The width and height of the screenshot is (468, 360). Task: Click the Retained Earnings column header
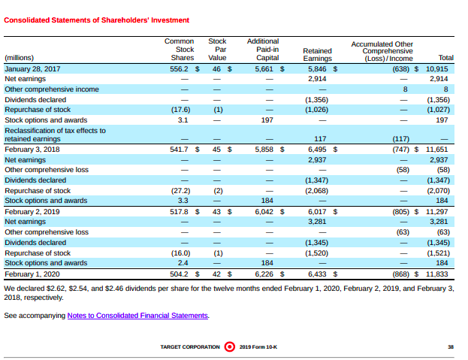(x=317, y=55)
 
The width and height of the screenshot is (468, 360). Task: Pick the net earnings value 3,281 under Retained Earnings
(x=317, y=222)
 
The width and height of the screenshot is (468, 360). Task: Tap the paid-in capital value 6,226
(x=264, y=274)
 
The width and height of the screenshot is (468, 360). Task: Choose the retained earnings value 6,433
(x=317, y=274)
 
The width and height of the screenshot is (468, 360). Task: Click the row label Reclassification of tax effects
(x=55, y=134)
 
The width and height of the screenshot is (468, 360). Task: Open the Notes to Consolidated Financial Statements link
(x=137, y=316)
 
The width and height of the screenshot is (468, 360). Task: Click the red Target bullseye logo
(x=229, y=346)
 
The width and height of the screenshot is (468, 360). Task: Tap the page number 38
(x=450, y=346)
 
